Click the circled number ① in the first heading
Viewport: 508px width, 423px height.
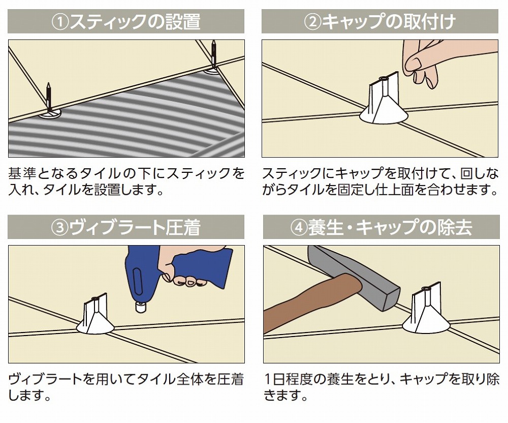[x=61, y=22]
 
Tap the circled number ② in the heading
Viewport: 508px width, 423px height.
[x=311, y=22]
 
